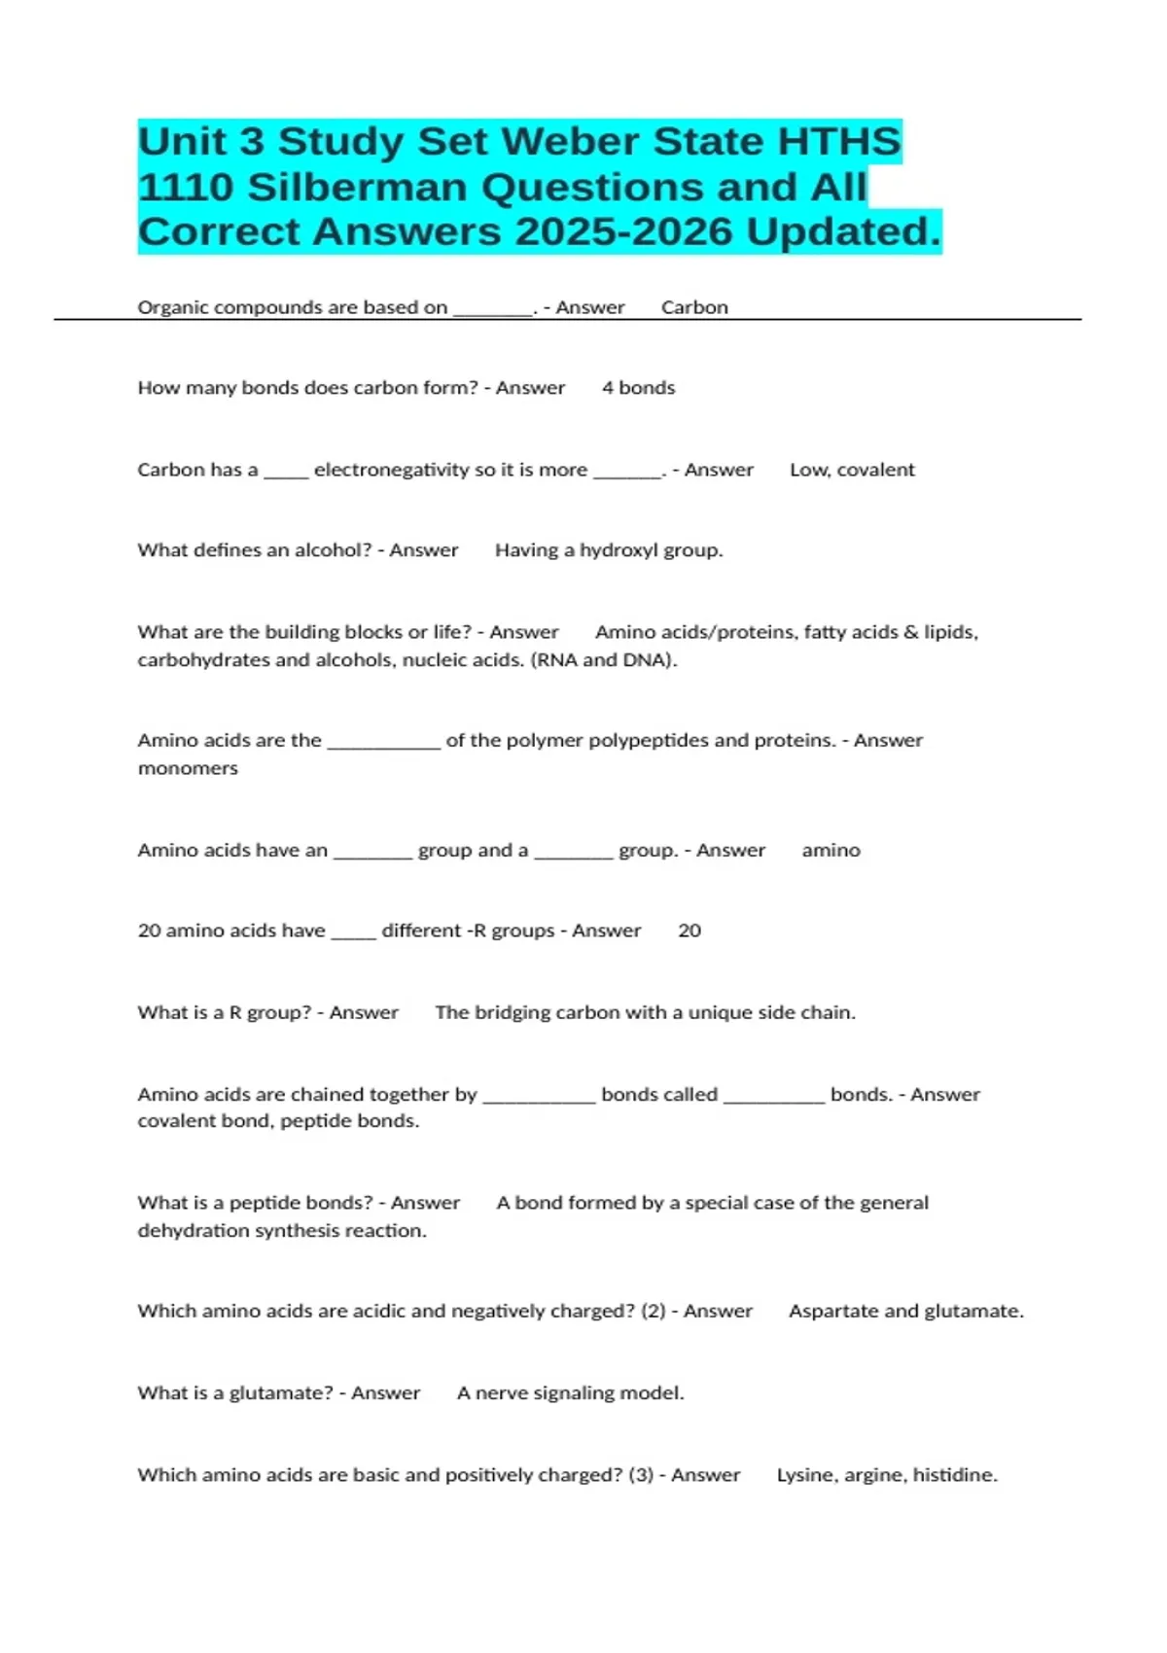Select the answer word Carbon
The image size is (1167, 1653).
pyautogui.click(x=694, y=307)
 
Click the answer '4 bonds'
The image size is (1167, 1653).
pyautogui.click(x=638, y=388)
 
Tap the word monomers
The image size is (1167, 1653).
pyautogui.click(x=188, y=768)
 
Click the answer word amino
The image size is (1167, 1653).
pyautogui.click(x=831, y=851)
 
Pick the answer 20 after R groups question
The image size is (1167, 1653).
pyautogui.click(x=690, y=931)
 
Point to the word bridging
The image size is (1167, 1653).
pyautogui.click(x=512, y=1012)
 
